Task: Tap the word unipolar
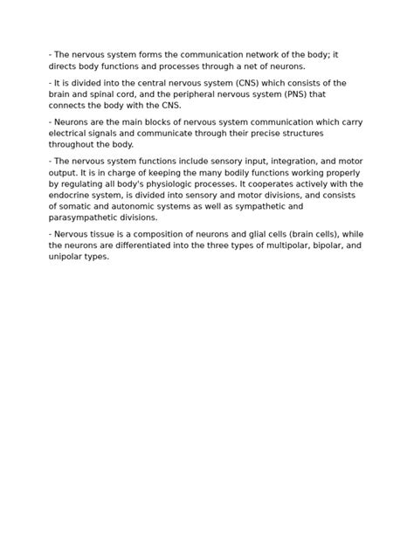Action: [67, 258]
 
